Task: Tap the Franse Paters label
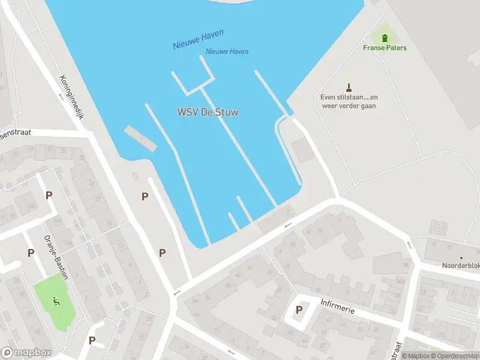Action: (x=385, y=48)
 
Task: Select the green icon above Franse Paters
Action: (x=385, y=38)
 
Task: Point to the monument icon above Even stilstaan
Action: (x=349, y=88)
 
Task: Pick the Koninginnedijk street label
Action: (x=71, y=96)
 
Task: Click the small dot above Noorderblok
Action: (x=461, y=258)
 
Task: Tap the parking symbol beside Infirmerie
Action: (x=299, y=310)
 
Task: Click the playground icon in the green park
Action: (x=56, y=299)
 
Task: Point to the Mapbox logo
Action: (x=26, y=353)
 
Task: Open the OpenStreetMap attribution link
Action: (x=454, y=356)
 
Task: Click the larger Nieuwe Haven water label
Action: (x=193, y=41)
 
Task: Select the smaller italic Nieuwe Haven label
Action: (x=227, y=52)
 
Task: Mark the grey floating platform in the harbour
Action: (x=140, y=138)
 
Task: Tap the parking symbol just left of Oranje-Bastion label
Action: (x=31, y=253)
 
